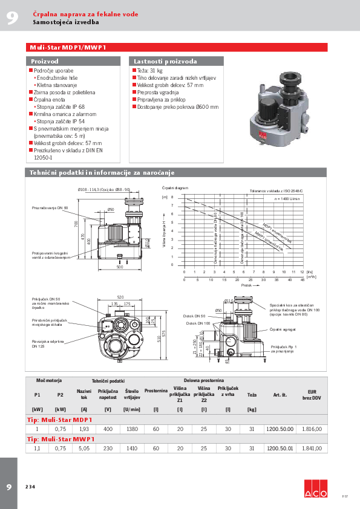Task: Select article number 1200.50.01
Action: (280, 449)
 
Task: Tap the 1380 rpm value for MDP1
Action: (131, 429)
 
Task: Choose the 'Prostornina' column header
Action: (156, 391)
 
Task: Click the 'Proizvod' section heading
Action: (45, 61)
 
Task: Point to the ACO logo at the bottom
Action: (315, 488)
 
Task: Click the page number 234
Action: (30, 487)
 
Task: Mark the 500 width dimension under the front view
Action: (120, 267)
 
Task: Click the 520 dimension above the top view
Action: (120, 297)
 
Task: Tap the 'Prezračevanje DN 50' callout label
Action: (50, 207)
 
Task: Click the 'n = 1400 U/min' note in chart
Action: (287, 198)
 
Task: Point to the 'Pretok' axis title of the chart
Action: (246, 285)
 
